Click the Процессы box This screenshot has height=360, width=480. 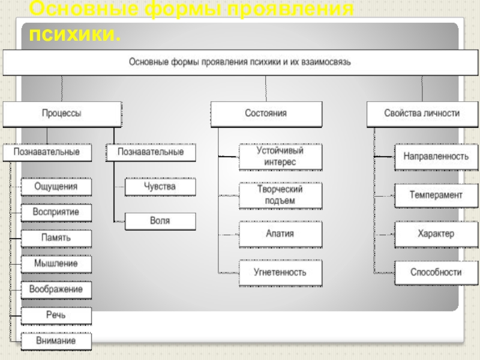pos(62,113)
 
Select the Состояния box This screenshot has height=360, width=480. pos(266,113)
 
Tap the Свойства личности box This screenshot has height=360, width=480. pos(422,113)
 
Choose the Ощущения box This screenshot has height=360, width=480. pos(56,187)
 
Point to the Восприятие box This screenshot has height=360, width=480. pos(56,212)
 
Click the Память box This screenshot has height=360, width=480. pos(56,238)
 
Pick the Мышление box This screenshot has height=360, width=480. pos(56,263)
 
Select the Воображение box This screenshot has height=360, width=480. pos(56,289)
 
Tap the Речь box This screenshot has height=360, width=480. pos(56,315)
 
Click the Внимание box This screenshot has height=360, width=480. pos(56,341)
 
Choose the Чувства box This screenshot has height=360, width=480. pos(160,187)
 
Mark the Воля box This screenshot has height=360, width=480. pos(160,221)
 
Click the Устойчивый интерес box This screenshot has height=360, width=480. pos(280,156)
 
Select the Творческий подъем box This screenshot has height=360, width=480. pos(280,195)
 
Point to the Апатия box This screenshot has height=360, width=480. pos(280,233)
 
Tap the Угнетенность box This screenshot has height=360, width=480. pos(280,272)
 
